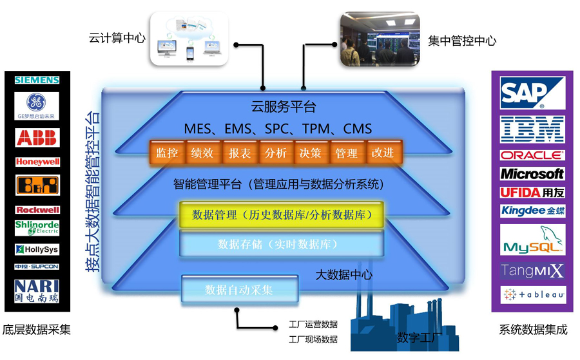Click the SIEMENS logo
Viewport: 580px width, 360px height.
[37, 80]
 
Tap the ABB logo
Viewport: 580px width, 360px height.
[37, 137]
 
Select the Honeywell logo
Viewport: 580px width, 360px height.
[37, 162]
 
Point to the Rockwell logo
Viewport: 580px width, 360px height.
[37, 209]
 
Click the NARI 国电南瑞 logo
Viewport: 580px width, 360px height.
[37, 290]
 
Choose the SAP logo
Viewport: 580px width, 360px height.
[532, 93]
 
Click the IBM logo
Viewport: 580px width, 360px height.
[532, 129]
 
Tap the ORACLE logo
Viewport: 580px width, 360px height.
[532, 155]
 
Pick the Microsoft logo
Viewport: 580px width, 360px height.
[532, 174]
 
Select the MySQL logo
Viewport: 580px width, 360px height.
[532, 240]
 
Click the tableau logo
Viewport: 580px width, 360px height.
[532, 295]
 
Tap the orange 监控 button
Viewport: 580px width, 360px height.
[167, 153]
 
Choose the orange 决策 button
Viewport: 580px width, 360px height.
[310, 153]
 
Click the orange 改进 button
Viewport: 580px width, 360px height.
[382, 153]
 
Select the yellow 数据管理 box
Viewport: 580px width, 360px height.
[282, 214]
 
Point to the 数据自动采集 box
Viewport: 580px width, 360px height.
[239, 290]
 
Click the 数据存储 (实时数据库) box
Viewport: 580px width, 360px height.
[282, 244]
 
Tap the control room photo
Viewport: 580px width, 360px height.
[379, 40]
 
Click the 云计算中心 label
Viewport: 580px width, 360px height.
[117, 38]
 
